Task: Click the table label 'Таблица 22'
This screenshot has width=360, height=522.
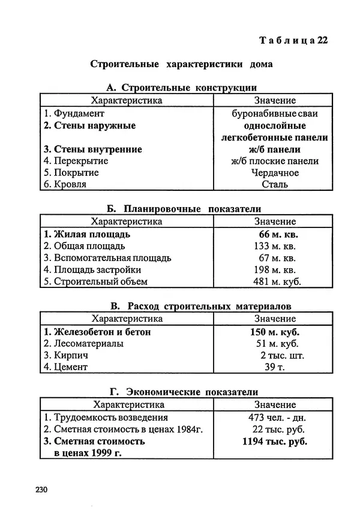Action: pyautogui.click(x=293, y=40)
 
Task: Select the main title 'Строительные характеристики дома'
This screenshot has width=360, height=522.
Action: pyautogui.click(x=182, y=64)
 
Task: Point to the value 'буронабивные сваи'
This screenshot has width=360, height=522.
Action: pyautogui.click(x=275, y=113)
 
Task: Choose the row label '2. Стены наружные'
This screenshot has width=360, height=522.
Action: pyautogui.click(x=89, y=125)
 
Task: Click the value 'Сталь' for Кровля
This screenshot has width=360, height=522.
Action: pyautogui.click(x=275, y=185)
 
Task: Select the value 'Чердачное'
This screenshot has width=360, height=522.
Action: pyautogui.click(x=275, y=173)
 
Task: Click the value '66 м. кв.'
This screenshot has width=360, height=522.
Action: pyautogui.click(x=275, y=234)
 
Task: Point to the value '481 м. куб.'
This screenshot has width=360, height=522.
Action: pyautogui.click(x=275, y=281)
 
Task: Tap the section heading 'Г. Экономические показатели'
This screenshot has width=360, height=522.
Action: pyautogui.click(x=182, y=392)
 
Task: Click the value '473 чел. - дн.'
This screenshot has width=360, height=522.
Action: pyautogui.click(x=276, y=418)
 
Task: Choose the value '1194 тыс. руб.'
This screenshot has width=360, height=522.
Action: pyautogui.click(x=275, y=442)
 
